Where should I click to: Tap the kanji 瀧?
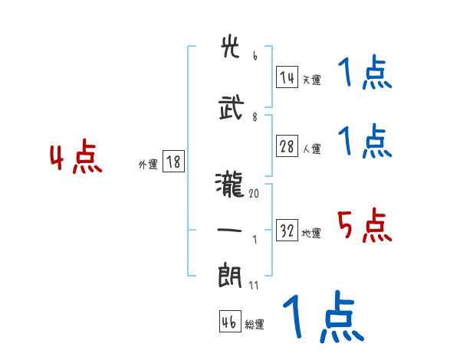click(x=232, y=184)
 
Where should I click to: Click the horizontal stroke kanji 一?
click(x=232, y=230)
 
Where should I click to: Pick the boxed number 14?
click(x=287, y=77)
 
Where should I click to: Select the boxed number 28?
click(x=287, y=147)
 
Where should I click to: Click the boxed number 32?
click(x=287, y=231)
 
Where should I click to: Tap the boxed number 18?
click(x=173, y=162)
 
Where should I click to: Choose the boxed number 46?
click(x=229, y=322)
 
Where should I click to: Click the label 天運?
click(x=311, y=80)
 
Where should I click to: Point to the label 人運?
click(x=311, y=149)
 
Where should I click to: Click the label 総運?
click(x=254, y=325)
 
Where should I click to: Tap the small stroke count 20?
click(x=254, y=194)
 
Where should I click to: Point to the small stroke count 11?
click(x=254, y=285)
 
